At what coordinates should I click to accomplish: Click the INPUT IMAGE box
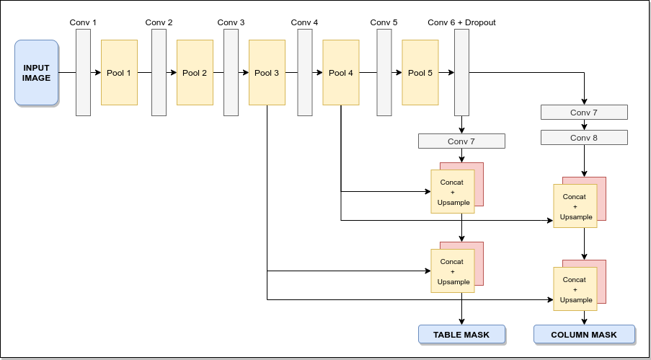coord(36,73)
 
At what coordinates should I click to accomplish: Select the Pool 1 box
coord(119,73)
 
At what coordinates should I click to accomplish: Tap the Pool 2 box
coord(195,73)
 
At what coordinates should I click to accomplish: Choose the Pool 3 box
coord(267,73)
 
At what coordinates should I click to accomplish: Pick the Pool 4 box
coord(341,73)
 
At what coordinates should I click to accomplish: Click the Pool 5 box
coord(420,73)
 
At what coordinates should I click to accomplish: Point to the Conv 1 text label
coord(83,22)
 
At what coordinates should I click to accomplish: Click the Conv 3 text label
coord(231,22)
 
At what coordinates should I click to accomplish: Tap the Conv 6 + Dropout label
coord(461,22)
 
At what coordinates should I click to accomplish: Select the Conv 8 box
coord(584,138)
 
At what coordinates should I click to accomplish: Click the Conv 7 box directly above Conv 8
coord(584,113)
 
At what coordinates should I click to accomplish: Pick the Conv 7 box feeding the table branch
coord(461,141)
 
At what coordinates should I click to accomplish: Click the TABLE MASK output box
coord(461,335)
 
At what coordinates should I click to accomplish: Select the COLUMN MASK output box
coord(584,335)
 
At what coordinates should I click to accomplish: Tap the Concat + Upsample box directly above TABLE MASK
coord(453,271)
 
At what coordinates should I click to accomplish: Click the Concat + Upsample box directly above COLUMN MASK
coord(575,289)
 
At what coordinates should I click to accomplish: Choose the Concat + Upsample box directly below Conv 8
coord(575,206)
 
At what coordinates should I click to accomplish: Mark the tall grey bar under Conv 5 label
coord(384,73)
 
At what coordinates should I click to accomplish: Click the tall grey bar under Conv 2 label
coord(159,73)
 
